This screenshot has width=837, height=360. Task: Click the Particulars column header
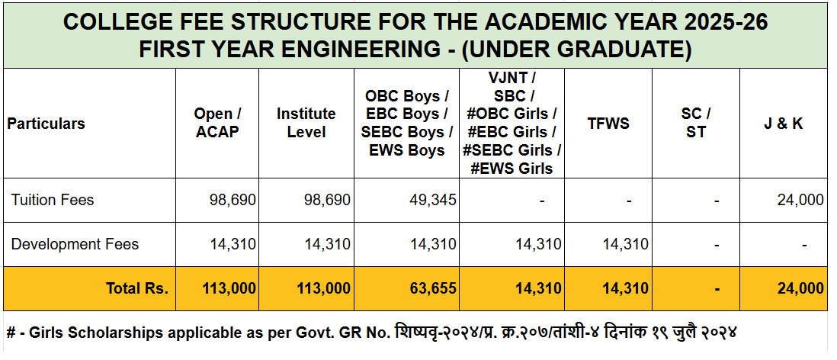46,124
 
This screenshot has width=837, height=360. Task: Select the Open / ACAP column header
217,123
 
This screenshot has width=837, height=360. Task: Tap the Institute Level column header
306,123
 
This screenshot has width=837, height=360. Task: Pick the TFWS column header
608,124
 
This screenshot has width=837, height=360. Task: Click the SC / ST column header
696,123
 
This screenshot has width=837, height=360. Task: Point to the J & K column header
784,124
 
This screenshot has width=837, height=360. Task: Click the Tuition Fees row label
53,200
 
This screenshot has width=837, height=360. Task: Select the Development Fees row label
75,244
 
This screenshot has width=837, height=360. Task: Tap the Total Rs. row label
137,288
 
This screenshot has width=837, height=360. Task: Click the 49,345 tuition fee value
432,200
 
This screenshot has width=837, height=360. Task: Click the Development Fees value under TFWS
625,244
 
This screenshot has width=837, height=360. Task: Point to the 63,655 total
431,288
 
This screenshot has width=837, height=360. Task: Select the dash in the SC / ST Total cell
717,288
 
